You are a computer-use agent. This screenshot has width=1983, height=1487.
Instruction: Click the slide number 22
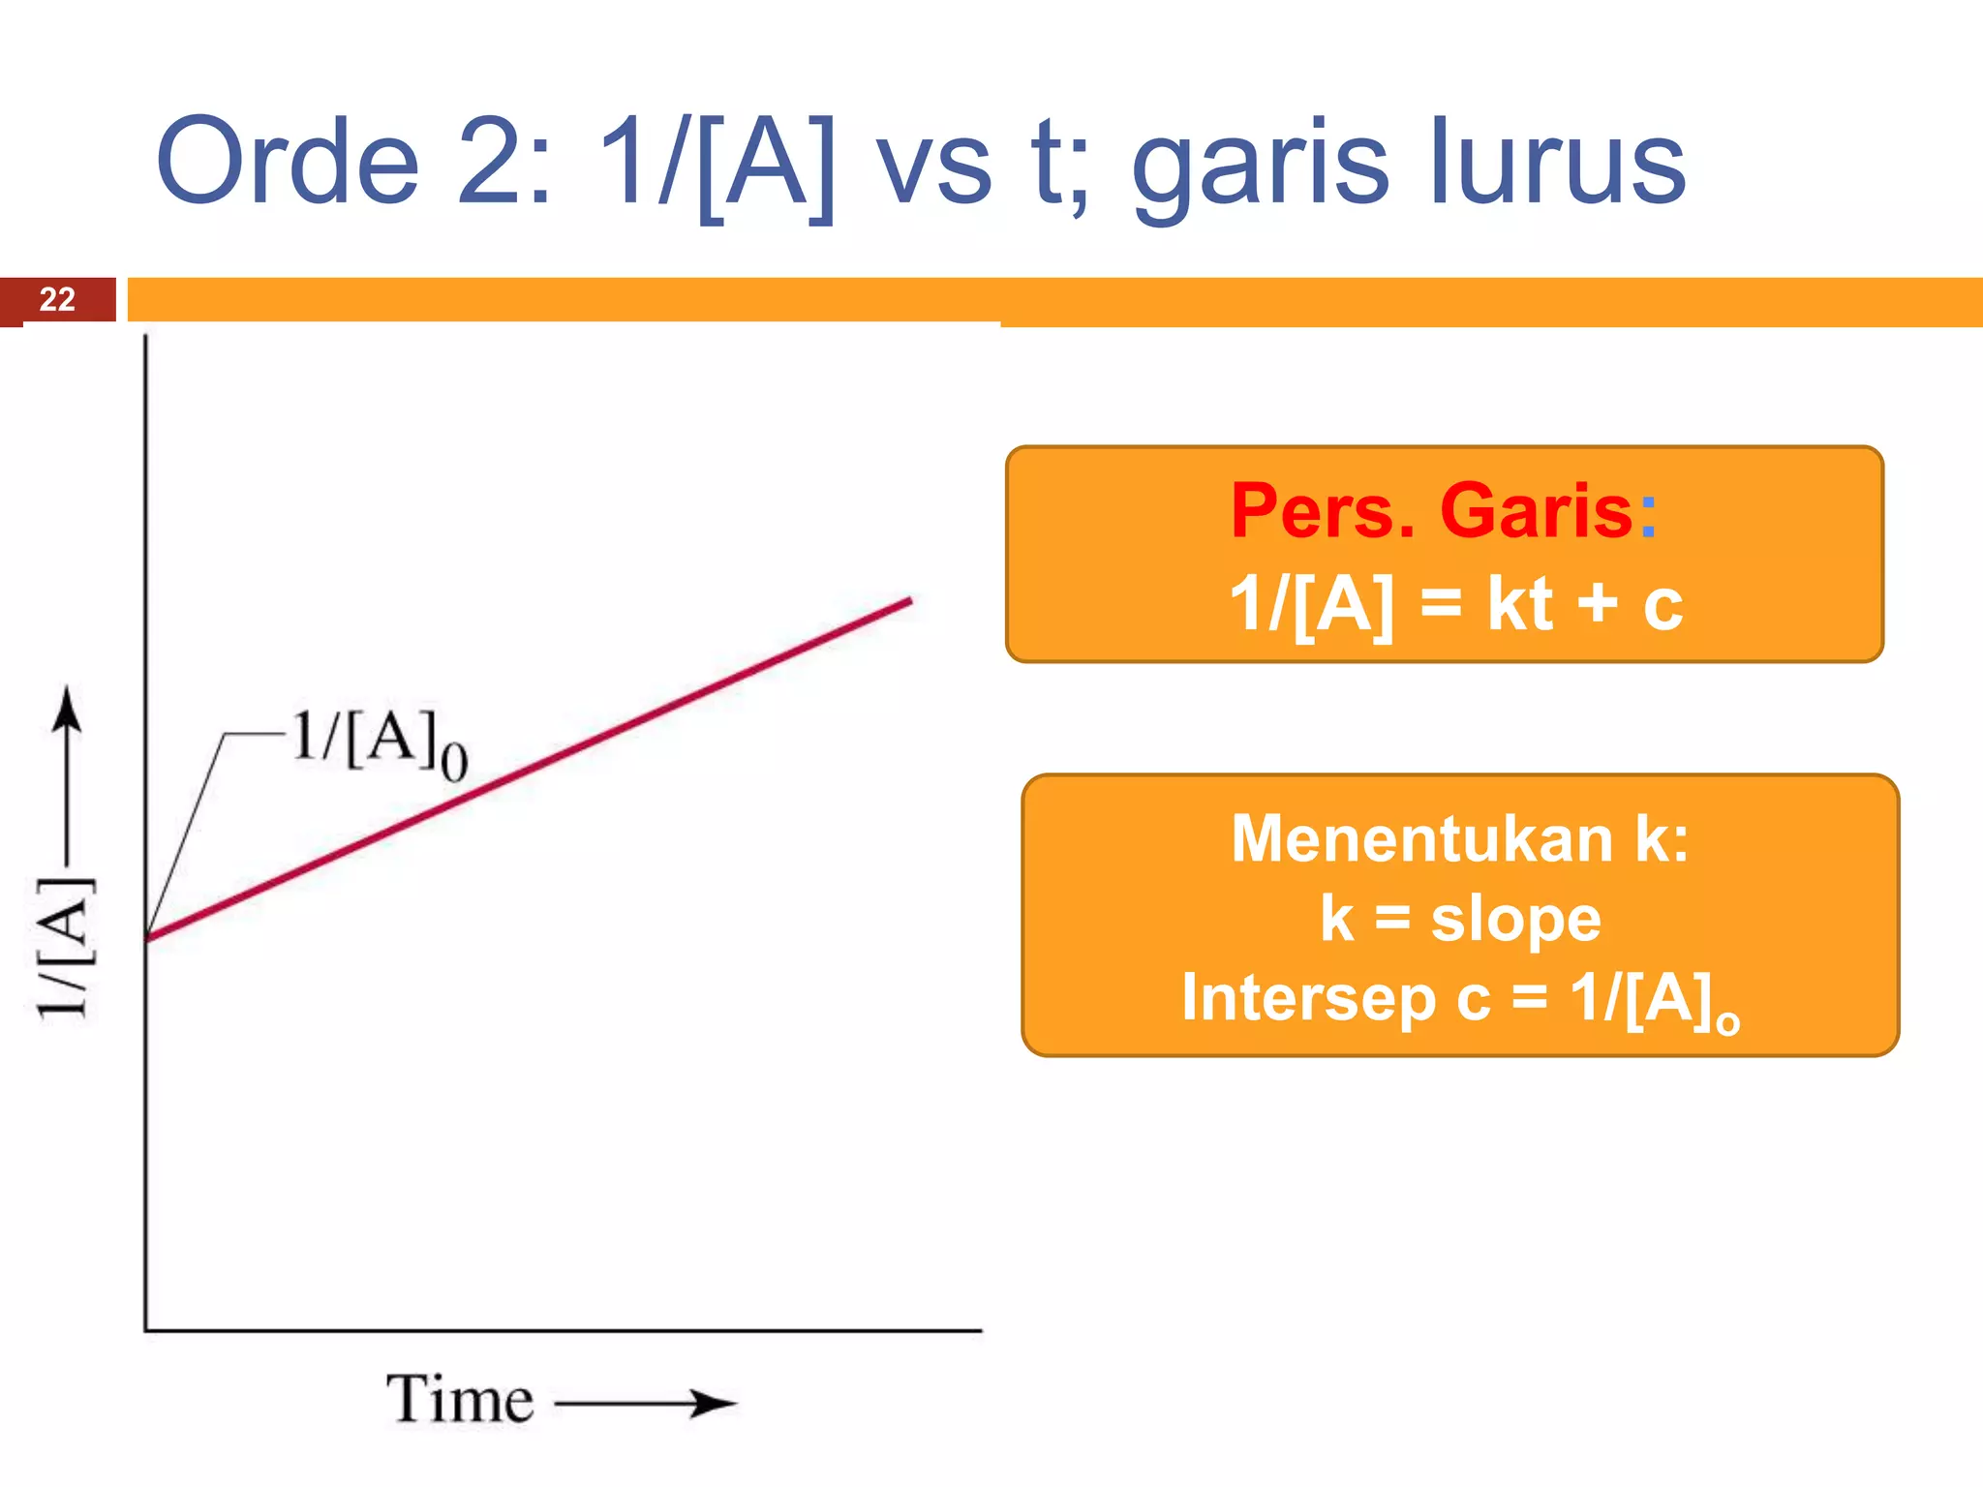tap(57, 299)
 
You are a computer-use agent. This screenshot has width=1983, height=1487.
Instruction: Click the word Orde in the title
tap(288, 162)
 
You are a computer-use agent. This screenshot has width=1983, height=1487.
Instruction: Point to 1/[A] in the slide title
tap(717, 162)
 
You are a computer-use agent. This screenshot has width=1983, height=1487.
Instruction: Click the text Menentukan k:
tap(1459, 838)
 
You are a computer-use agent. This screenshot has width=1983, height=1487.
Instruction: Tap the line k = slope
tap(1459, 918)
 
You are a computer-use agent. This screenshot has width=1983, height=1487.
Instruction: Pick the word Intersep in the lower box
tap(1307, 997)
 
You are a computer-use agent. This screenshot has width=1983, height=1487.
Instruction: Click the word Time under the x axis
tap(460, 1400)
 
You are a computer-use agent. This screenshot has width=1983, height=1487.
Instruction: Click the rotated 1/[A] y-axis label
tap(66, 949)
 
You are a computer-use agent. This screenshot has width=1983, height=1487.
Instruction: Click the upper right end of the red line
tap(908, 602)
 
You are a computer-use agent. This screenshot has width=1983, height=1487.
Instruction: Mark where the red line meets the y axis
tap(147, 936)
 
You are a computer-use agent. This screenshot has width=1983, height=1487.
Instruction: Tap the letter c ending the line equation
tap(1662, 606)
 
